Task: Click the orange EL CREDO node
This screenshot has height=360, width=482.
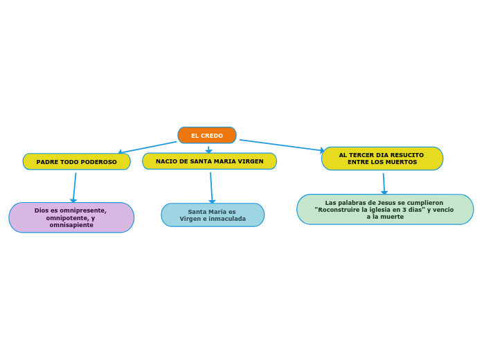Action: click(206, 135)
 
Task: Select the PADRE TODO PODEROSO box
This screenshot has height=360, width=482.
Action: click(76, 161)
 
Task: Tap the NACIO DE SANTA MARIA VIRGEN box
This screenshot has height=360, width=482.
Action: click(209, 161)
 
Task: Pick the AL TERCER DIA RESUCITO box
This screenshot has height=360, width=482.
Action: click(382, 159)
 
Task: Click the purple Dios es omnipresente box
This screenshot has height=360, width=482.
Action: click(71, 217)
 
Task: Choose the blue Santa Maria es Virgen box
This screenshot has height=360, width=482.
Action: click(213, 215)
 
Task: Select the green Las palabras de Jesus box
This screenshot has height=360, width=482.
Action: click(384, 209)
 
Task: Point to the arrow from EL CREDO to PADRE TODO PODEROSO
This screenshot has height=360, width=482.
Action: click(147, 147)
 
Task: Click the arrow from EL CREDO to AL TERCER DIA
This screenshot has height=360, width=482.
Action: click(280, 145)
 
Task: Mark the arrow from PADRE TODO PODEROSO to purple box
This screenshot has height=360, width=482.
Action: click(74, 186)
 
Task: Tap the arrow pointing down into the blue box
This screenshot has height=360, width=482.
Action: click(211, 187)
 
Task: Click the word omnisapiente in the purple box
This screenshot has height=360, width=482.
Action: click(71, 225)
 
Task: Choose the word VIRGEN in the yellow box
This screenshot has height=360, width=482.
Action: click(250, 161)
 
